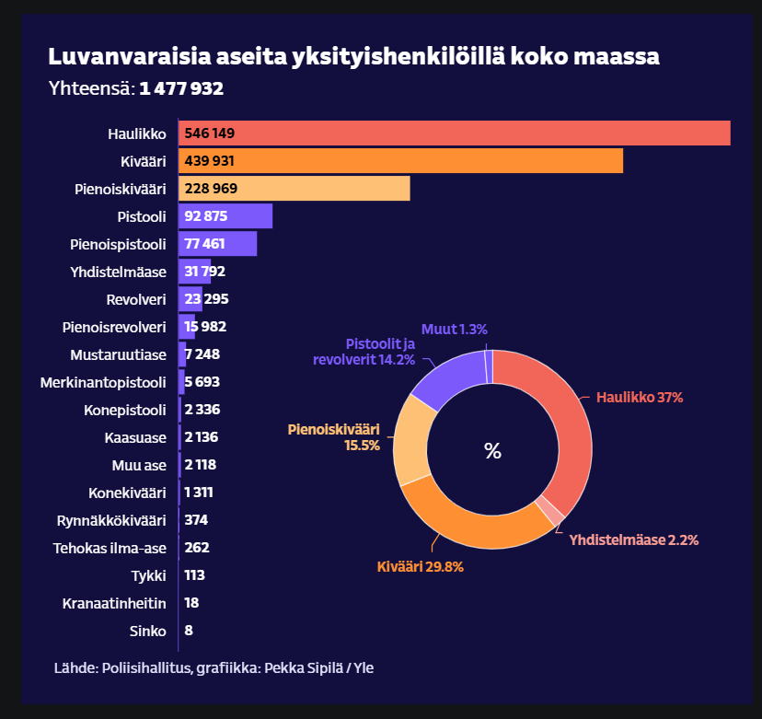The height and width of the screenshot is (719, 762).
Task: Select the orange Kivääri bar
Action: click(x=400, y=161)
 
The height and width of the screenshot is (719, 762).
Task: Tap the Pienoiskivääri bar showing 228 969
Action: click(x=294, y=189)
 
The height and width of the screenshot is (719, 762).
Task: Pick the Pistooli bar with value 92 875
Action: click(x=225, y=216)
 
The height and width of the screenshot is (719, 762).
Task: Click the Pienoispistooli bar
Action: click(x=217, y=244)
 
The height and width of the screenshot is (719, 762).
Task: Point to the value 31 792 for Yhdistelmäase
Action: click(x=204, y=272)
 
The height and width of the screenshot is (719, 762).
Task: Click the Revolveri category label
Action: click(x=136, y=299)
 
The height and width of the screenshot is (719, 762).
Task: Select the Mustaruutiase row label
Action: click(x=118, y=354)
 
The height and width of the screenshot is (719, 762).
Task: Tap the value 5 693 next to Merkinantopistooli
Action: click(x=202, y=382)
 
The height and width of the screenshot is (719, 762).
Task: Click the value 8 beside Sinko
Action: click(x=188, y=631)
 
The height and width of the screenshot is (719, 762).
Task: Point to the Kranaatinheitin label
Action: click(x=114, y=603)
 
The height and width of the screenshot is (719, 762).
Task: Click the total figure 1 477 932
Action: click(x=181, y=89)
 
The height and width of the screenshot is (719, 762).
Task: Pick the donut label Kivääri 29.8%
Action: click(x=421, y=567)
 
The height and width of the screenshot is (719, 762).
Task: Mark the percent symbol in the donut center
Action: click(x=492, y=451)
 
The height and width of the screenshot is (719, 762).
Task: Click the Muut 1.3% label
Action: click(x=454, y=329)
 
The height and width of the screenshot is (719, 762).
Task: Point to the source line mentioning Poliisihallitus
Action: click(x=214, y=667)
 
